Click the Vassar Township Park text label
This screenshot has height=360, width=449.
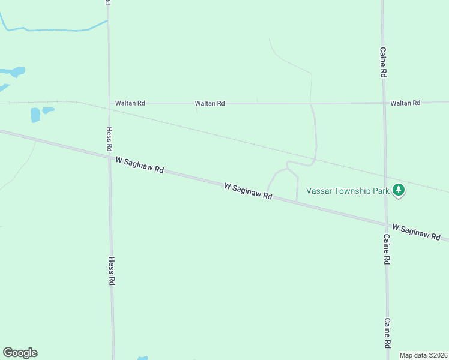[348, 191]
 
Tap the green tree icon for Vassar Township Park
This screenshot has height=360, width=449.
[399, 190]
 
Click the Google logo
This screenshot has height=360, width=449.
[20, 353]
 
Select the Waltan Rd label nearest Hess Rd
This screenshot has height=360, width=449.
[130, 103]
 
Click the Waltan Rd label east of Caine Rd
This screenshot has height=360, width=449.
[405, 103]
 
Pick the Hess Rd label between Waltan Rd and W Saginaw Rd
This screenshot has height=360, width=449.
[109, 139]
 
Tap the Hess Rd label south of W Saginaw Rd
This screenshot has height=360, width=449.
[111, 271]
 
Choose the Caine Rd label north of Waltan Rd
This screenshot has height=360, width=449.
[382, 62]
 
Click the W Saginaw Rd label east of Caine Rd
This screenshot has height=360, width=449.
[417, 232]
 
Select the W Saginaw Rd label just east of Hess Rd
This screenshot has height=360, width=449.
[139, 166]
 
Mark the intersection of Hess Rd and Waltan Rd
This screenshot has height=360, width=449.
[109, 103]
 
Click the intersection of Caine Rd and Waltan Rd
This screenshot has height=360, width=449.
[384, 103]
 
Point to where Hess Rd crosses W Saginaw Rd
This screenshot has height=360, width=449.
[109, 158]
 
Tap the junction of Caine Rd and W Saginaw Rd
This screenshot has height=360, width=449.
[386, 224]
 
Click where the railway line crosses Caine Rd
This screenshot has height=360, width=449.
[385, 179]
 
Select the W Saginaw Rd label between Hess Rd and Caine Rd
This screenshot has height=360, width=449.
[248, 191]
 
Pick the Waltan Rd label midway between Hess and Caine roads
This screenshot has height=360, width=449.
[209, 103]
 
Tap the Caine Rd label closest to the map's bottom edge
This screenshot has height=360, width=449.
[388, 334]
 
